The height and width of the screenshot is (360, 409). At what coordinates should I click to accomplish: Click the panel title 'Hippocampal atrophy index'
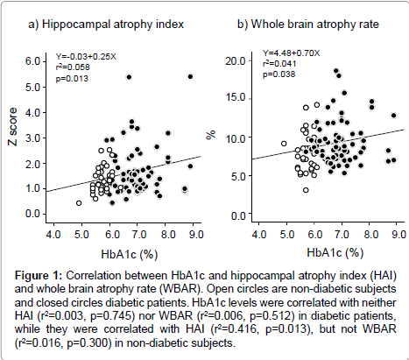(113, 25)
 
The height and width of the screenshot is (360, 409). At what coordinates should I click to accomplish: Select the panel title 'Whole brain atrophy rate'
(314, 25)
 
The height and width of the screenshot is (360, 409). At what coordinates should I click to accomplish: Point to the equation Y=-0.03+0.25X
(86, 56)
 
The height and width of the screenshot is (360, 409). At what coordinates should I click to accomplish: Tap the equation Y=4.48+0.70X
(291, 53)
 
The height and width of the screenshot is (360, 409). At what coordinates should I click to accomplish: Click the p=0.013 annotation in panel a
(72, 78)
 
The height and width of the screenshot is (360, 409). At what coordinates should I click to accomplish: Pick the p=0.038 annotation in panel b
(279, 74)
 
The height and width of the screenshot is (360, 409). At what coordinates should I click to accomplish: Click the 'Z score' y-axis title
(13, 126)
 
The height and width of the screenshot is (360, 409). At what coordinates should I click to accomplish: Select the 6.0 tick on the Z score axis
(32, 61)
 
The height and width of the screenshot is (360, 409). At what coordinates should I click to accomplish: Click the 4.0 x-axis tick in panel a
(53, 234)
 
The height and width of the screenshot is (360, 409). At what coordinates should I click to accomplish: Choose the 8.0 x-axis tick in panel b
(371, 234)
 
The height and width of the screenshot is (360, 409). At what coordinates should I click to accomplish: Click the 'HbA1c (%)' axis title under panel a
(130, 254)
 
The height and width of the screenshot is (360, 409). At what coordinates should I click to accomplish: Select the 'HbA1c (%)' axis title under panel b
(335, 252)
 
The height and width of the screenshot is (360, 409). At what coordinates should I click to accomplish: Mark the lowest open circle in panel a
(79, 203)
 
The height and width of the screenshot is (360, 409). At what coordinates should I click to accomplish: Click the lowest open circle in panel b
(306, 190)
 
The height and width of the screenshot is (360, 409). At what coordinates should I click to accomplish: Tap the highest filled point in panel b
(336, 71)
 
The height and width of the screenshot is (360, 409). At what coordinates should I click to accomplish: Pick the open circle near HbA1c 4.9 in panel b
(284, 144)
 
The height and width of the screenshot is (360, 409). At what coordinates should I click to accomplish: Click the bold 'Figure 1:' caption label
(39, 275)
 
